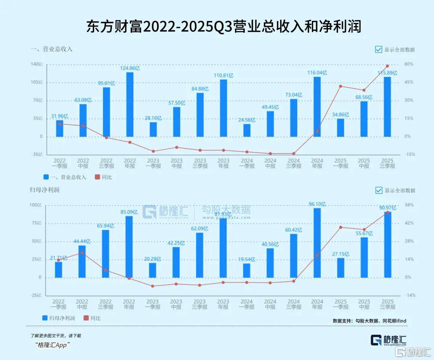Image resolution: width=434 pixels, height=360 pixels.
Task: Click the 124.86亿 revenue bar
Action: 130,105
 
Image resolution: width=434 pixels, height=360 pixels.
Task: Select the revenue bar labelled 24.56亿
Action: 247,130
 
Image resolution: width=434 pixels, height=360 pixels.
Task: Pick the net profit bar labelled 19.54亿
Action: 246,270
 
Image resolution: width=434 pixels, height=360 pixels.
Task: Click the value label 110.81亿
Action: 223,75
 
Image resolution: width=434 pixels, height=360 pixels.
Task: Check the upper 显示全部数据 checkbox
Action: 379,49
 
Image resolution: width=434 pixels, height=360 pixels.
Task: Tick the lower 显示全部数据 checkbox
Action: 379,190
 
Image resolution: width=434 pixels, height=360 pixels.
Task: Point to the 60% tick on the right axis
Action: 409,64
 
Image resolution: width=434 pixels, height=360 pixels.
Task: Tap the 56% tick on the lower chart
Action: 408,205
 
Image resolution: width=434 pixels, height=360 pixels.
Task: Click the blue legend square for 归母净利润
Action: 45,318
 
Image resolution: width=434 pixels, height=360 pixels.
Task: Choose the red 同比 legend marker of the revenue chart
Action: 97,177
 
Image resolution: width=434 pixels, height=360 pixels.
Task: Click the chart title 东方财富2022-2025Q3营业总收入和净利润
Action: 224,27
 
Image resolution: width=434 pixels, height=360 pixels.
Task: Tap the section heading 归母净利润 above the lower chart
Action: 45,190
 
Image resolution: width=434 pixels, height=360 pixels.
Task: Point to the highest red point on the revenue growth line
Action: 387,66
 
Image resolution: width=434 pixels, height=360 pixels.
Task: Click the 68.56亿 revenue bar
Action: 364,119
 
